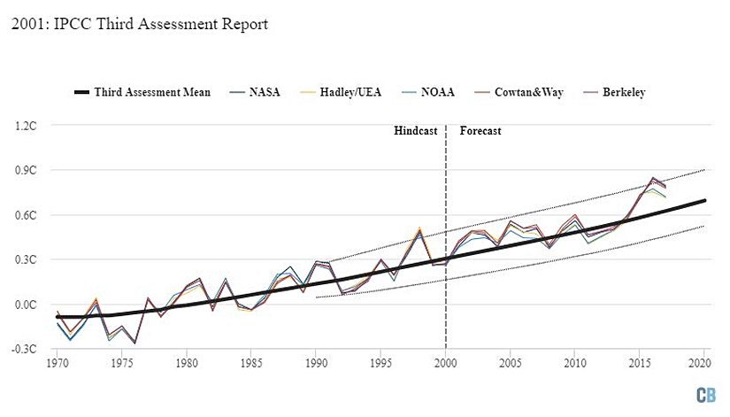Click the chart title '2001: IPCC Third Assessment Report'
[140, 24]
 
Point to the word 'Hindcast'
[416, 131]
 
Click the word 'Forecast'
[480, 131]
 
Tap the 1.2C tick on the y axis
[25, 126]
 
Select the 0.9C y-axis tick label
[25, 170]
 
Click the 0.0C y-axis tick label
[25, 305]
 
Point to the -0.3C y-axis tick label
[24, 350]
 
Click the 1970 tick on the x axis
[58, 363]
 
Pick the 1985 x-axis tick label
[251, 363]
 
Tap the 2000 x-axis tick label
[445, 363]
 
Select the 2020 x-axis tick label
[704, 363]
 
